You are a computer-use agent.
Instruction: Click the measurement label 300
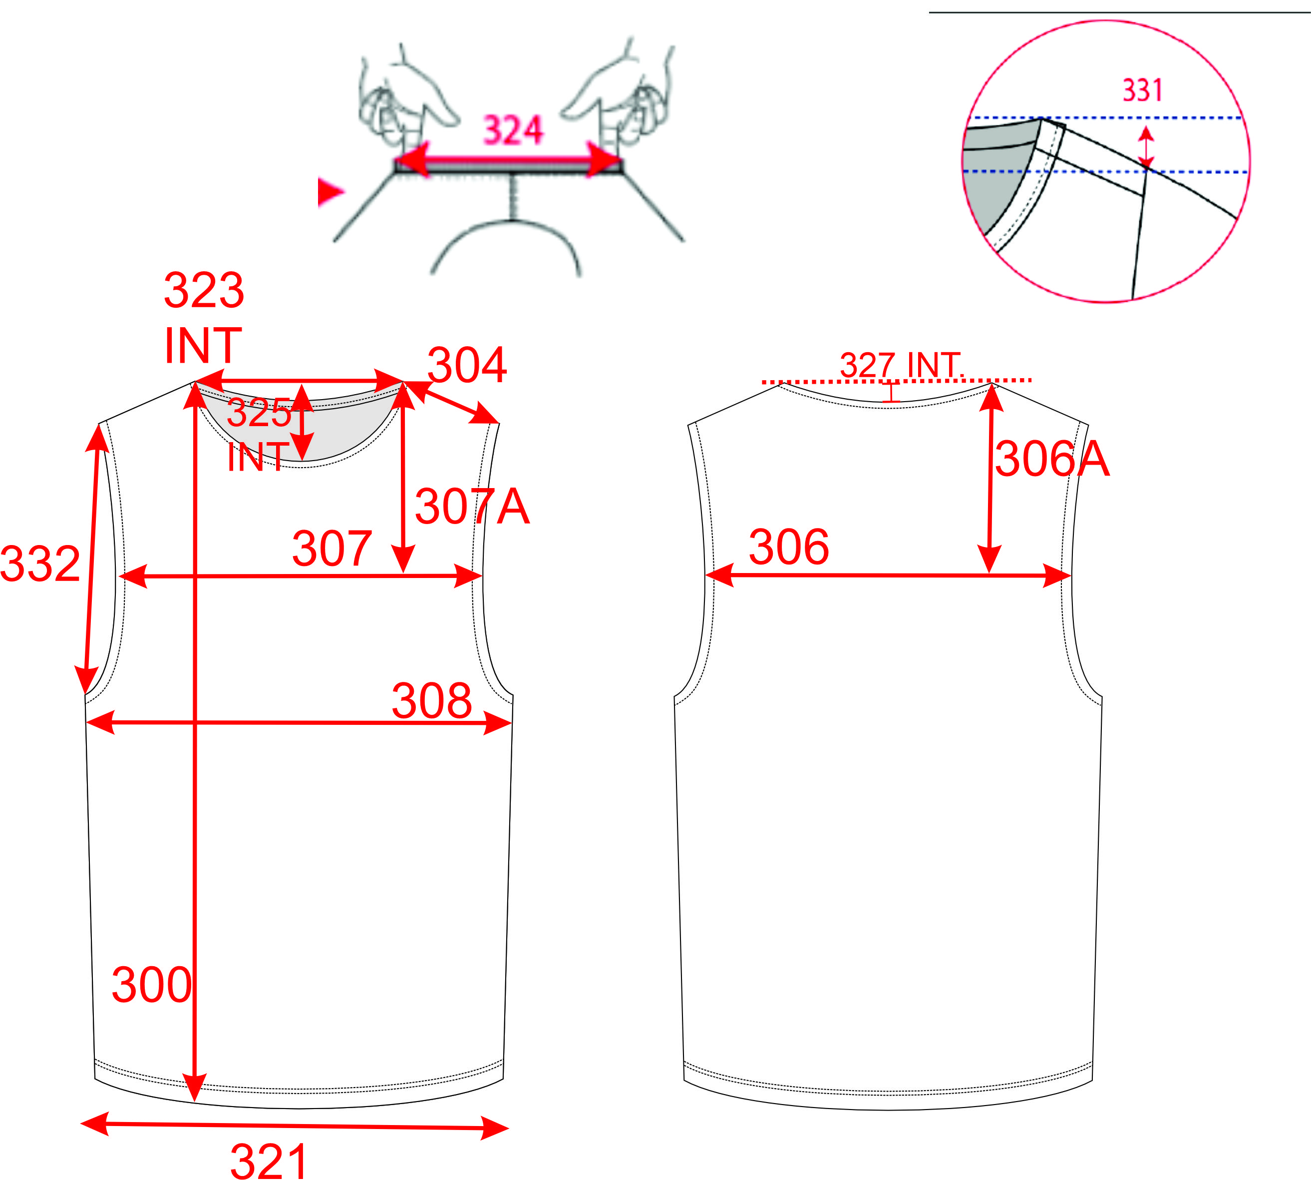(152, 985)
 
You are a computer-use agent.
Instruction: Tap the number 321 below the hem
(268, 1161)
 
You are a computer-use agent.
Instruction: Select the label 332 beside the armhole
(40, 564)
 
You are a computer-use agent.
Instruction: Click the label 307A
(472, 507)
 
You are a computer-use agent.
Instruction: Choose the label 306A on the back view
(1052, 459)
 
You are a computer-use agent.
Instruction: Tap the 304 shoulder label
(467, 365)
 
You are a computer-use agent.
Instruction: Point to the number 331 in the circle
(1143, 90)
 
